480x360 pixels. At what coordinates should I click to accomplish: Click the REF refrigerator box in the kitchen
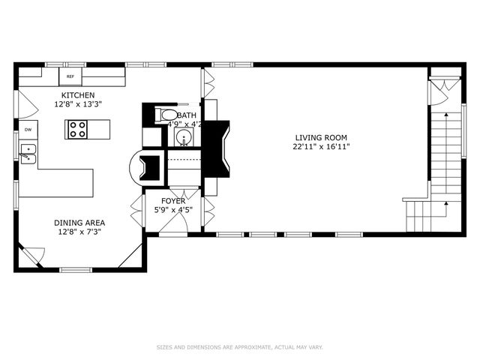coord(70,76)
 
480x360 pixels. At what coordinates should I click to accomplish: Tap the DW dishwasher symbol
coord(28,130)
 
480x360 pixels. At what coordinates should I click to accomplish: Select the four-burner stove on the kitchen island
coord(78,129)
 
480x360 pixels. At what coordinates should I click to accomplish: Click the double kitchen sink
coord(27,154)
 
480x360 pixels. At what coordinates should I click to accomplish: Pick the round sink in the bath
coord(182,137)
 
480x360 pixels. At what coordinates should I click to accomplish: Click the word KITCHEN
coord(78,95)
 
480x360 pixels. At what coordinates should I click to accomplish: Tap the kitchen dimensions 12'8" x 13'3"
coord(78,105)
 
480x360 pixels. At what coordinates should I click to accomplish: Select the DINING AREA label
coord(79,223)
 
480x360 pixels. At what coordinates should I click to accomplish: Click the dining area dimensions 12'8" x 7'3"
coord(79,232)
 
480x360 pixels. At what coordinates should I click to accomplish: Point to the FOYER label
coord(173,201)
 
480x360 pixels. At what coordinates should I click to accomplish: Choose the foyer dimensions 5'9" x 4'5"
coord(173,210)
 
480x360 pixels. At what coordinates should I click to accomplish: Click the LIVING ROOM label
coord(321,137)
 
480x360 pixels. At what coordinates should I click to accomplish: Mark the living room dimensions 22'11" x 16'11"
coord(321,147)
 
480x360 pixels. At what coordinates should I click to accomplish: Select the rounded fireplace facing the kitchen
coord(144,166)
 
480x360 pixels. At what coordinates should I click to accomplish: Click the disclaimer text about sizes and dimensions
coord(239,347)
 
